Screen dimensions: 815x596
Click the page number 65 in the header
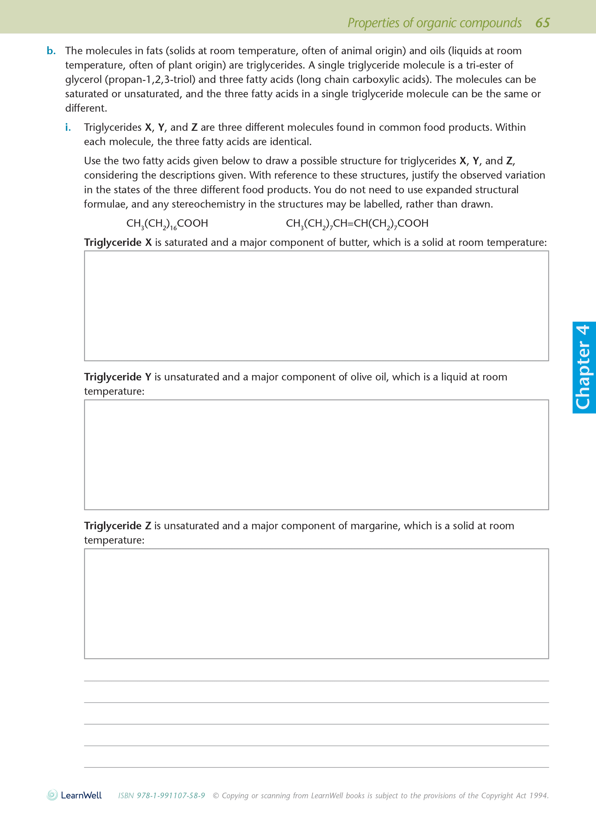tap(542, 23)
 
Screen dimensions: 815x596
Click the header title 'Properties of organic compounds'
tap(434, 23)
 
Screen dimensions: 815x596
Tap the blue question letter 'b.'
tap(51, 51)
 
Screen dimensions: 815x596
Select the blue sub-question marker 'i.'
tap(68, 127)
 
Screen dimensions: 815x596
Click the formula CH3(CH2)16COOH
tap(167, 223)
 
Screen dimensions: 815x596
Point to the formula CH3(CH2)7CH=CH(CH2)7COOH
tap(357, 223)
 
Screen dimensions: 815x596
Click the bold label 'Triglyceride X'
tap(118, 242)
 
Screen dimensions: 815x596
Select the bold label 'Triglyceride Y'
tap(118, 377)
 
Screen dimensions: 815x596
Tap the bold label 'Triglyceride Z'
tap(118, 526)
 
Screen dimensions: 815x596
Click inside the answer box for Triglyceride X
tap(316, 306)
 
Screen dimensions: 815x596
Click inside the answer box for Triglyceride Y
tap(316, 454)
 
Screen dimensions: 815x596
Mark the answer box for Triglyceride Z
tap(316, 603)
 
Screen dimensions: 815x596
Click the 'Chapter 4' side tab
tap(584, 367)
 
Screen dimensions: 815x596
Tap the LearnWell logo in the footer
tap(74, 795)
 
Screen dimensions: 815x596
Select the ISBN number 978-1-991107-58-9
tap(171, 795)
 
